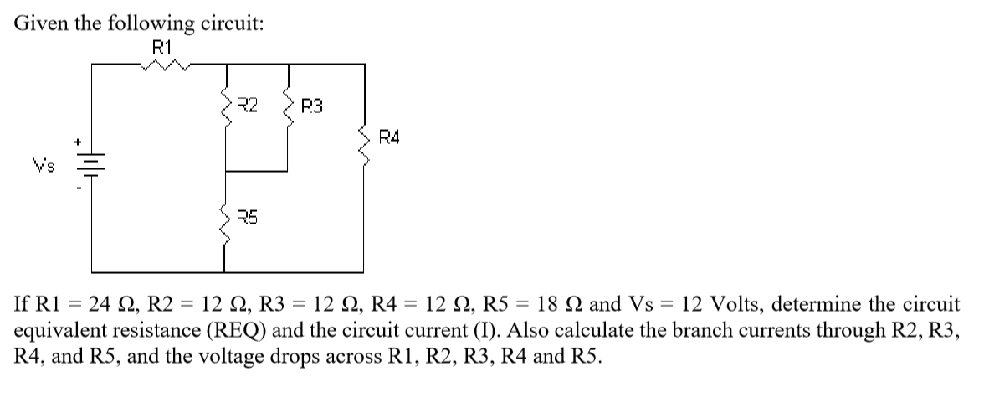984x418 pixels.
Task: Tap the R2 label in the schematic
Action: click(248, 106)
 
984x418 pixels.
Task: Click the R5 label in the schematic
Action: click(248, 219)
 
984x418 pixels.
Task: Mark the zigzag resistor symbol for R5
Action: click(224, 219)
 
